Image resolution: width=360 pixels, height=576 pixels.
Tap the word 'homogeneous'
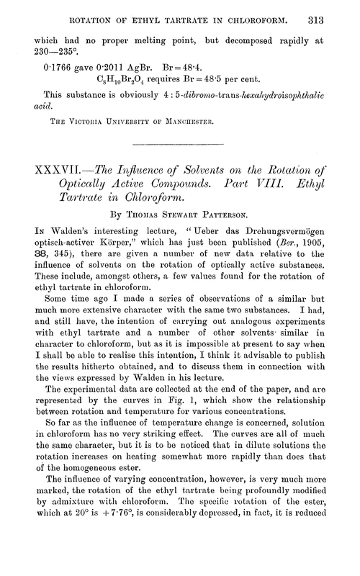click(82, 499)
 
